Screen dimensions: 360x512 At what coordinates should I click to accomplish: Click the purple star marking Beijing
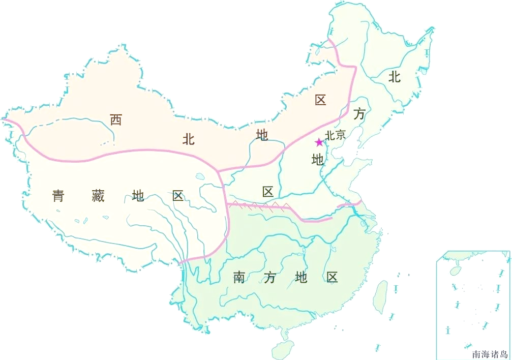point(319,142)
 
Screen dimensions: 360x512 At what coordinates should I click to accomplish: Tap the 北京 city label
point(336,135)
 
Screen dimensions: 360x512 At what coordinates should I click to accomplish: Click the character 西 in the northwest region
point(116,120)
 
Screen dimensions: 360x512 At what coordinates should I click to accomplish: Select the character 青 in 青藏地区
point(58,196)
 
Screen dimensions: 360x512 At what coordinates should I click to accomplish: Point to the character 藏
point(98,196)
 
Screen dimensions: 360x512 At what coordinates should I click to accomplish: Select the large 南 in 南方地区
point(239,278)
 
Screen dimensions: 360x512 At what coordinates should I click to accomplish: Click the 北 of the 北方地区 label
point(395,77)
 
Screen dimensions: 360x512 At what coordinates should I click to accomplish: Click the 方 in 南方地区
point(270,278)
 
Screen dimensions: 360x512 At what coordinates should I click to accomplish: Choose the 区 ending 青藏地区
point(178,196)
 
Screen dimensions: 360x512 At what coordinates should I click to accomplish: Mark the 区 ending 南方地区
point(332,278)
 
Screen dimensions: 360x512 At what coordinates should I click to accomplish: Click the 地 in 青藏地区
point(138,196)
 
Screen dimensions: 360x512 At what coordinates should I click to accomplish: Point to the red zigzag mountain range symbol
point(259,205)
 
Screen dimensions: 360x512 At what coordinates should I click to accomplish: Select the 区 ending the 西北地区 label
point(320,100)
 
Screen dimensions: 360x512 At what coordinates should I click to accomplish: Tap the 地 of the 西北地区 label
point(262,135)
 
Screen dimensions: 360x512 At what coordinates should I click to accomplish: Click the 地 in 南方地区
point(301,278)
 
